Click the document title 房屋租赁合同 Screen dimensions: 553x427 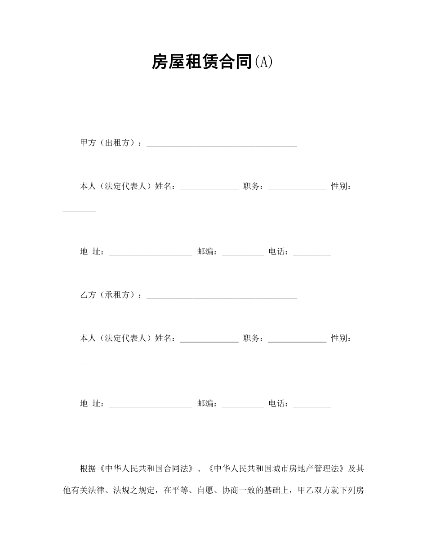[x=200, y=62]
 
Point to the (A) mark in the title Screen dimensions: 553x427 [x=263, y=62]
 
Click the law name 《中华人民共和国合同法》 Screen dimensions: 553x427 [x=147, y=468]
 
